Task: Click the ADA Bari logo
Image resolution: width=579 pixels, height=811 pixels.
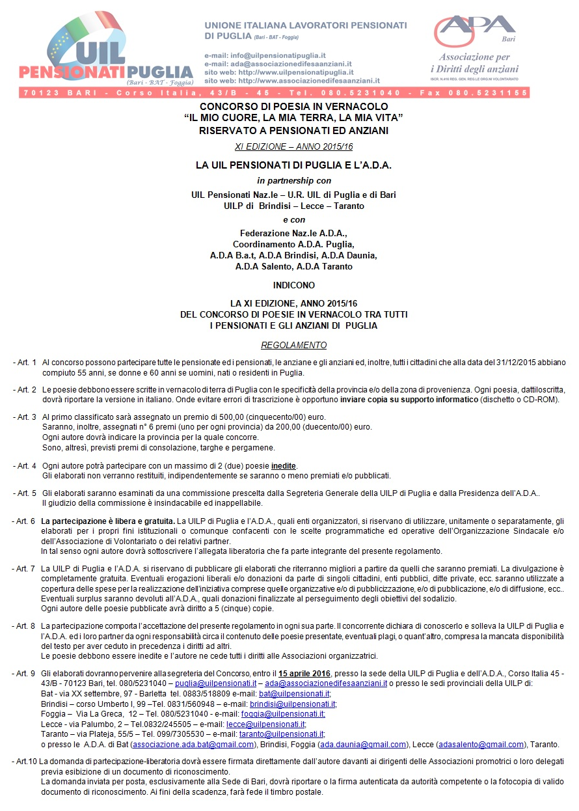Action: click(476, 46)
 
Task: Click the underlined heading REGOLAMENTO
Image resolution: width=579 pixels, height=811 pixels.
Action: click(293, 345)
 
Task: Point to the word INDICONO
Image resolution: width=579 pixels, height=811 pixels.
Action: click(294, 285)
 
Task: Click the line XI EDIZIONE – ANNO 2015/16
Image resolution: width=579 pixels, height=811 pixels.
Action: click(293, 147)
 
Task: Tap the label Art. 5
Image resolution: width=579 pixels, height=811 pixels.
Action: click(25, 493)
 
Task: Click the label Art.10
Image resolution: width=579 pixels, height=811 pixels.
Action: click(24, 760)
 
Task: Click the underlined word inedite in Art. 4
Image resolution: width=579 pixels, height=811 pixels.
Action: click(282, 466)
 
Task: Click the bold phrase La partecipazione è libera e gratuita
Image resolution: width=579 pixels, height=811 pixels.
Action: click(108, 521)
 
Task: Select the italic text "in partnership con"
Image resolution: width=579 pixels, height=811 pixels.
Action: click(293, 180)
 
